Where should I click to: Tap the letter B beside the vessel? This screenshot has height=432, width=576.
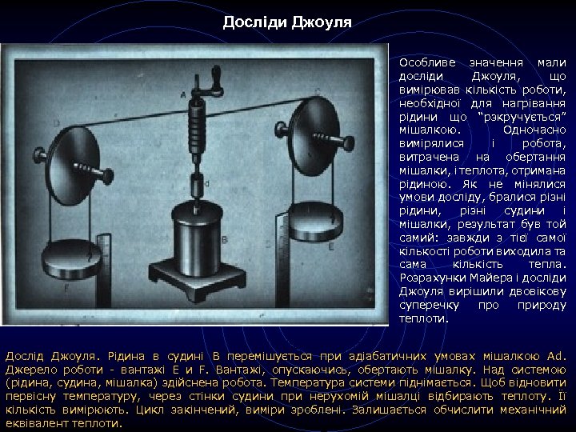coord(226,239)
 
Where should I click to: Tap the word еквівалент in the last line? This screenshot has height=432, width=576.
coord(36,423)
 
